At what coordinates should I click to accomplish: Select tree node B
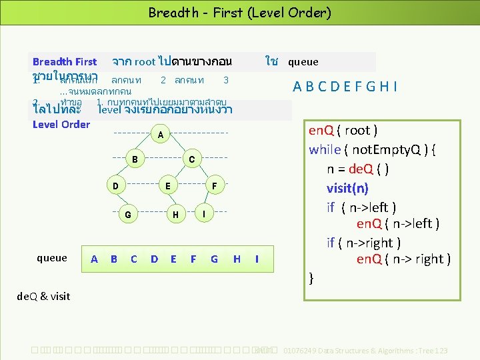tap(135, 159)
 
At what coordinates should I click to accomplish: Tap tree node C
tap(191, 159)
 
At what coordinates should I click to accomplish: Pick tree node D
tap(115, 185)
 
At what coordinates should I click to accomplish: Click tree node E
tap(169, 185)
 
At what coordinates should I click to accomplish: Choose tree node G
tap(127, 215)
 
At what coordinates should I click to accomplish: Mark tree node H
tap(175, 215)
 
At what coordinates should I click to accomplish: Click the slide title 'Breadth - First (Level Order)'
tap(239, 13)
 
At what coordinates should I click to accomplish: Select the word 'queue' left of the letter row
tap(52, 258)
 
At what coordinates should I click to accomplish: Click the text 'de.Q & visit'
tap(43, 296)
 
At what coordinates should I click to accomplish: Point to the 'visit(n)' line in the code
tap(347, 188)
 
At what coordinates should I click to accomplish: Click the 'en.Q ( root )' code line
tap(343, 130)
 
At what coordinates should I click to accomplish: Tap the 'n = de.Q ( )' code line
tap(358, 169)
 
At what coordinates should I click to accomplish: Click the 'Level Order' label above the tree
tap(61, 124)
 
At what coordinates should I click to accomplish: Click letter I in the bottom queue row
tap(257, 259)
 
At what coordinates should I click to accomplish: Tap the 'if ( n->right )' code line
tap(363, 243)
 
